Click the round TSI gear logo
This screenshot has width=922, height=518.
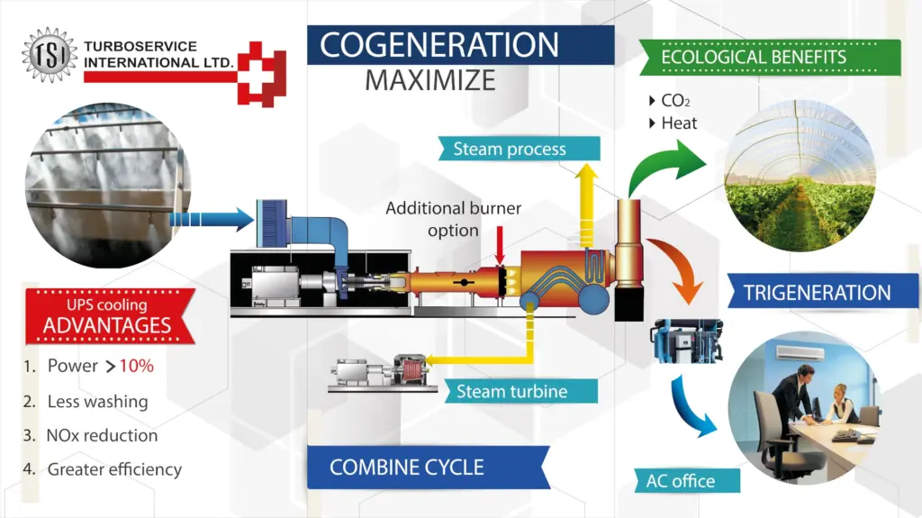pos(50,55)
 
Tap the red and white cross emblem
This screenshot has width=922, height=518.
pos(261,72)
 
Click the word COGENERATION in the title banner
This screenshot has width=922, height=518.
pos(439,45)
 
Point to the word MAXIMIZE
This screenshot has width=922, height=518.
pos(429,80)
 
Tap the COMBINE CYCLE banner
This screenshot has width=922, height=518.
pos(407,468)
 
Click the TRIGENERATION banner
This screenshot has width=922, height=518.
pos(817,293)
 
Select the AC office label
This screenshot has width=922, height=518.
pos(680,480)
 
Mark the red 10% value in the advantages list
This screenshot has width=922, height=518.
pos(136,366)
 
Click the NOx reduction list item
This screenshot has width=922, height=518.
pos(102,435)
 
